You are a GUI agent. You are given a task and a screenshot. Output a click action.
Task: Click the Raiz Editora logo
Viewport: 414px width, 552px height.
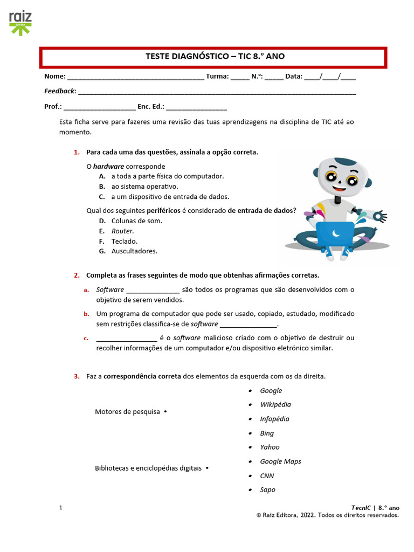pos(20,23)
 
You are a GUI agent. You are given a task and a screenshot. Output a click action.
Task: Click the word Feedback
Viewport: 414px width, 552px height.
pos(59,91)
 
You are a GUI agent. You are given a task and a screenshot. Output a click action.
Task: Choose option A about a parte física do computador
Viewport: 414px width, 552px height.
pos(167,176)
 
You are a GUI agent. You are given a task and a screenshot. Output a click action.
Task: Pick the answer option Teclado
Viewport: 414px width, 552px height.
pos(124,241)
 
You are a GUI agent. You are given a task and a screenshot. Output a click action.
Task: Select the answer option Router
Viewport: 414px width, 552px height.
pos(122,231)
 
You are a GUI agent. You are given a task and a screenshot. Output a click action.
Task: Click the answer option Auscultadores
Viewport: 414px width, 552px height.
pos(134,251)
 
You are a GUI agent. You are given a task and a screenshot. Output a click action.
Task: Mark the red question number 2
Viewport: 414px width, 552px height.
pos(77,275)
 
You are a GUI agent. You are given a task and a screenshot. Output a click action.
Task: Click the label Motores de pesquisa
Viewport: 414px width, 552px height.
pos(127,412)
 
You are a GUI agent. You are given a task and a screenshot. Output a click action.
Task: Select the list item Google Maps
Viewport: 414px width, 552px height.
pos(280,461)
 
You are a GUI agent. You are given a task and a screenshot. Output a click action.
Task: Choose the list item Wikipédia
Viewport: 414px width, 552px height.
pos(275,404)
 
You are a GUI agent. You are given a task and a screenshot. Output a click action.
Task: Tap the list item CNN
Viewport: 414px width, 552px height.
pos(267,476)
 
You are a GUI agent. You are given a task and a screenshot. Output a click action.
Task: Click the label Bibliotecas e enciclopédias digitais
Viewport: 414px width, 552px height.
pos(148,468)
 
